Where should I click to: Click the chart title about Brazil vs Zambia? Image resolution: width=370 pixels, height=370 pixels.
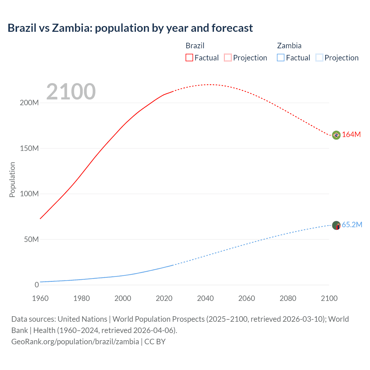pos(130,28)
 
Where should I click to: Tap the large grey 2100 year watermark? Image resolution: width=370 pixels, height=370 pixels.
pos(71,92)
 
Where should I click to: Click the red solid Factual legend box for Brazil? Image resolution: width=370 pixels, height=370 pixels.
pos(189,58)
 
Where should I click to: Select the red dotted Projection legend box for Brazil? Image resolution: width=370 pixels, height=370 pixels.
pos(228,58)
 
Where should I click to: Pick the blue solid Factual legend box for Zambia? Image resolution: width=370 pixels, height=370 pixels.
pos(280,58)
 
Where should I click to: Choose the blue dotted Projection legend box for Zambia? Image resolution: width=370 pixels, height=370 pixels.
pos(319,58)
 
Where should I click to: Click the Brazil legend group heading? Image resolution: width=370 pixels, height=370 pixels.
pos(195,46)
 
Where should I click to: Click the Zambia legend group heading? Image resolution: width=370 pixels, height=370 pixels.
pos(289,46)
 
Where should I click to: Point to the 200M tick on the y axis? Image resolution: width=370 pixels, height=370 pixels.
pos(29,103)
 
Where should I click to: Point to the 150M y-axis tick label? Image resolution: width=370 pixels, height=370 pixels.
pos(29,148)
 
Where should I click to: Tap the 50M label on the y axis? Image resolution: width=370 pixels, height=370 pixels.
pos(31,239)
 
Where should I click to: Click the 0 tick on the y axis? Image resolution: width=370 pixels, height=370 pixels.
pos(37,285)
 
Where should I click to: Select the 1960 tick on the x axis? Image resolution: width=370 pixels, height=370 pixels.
pos(40,298)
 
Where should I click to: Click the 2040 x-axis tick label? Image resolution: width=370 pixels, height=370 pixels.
pos(205,298)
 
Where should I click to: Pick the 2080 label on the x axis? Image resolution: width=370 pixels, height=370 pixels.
pos(288,298)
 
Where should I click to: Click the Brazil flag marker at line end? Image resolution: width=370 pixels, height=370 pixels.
pos(336,135)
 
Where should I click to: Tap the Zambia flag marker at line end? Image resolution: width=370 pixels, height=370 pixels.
pos(336,225)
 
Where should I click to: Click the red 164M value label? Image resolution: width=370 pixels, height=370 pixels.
pos(351,135)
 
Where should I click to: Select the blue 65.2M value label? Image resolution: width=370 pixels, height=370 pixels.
pos(352,225)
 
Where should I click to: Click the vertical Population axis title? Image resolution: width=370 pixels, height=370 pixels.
pos(12,180)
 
